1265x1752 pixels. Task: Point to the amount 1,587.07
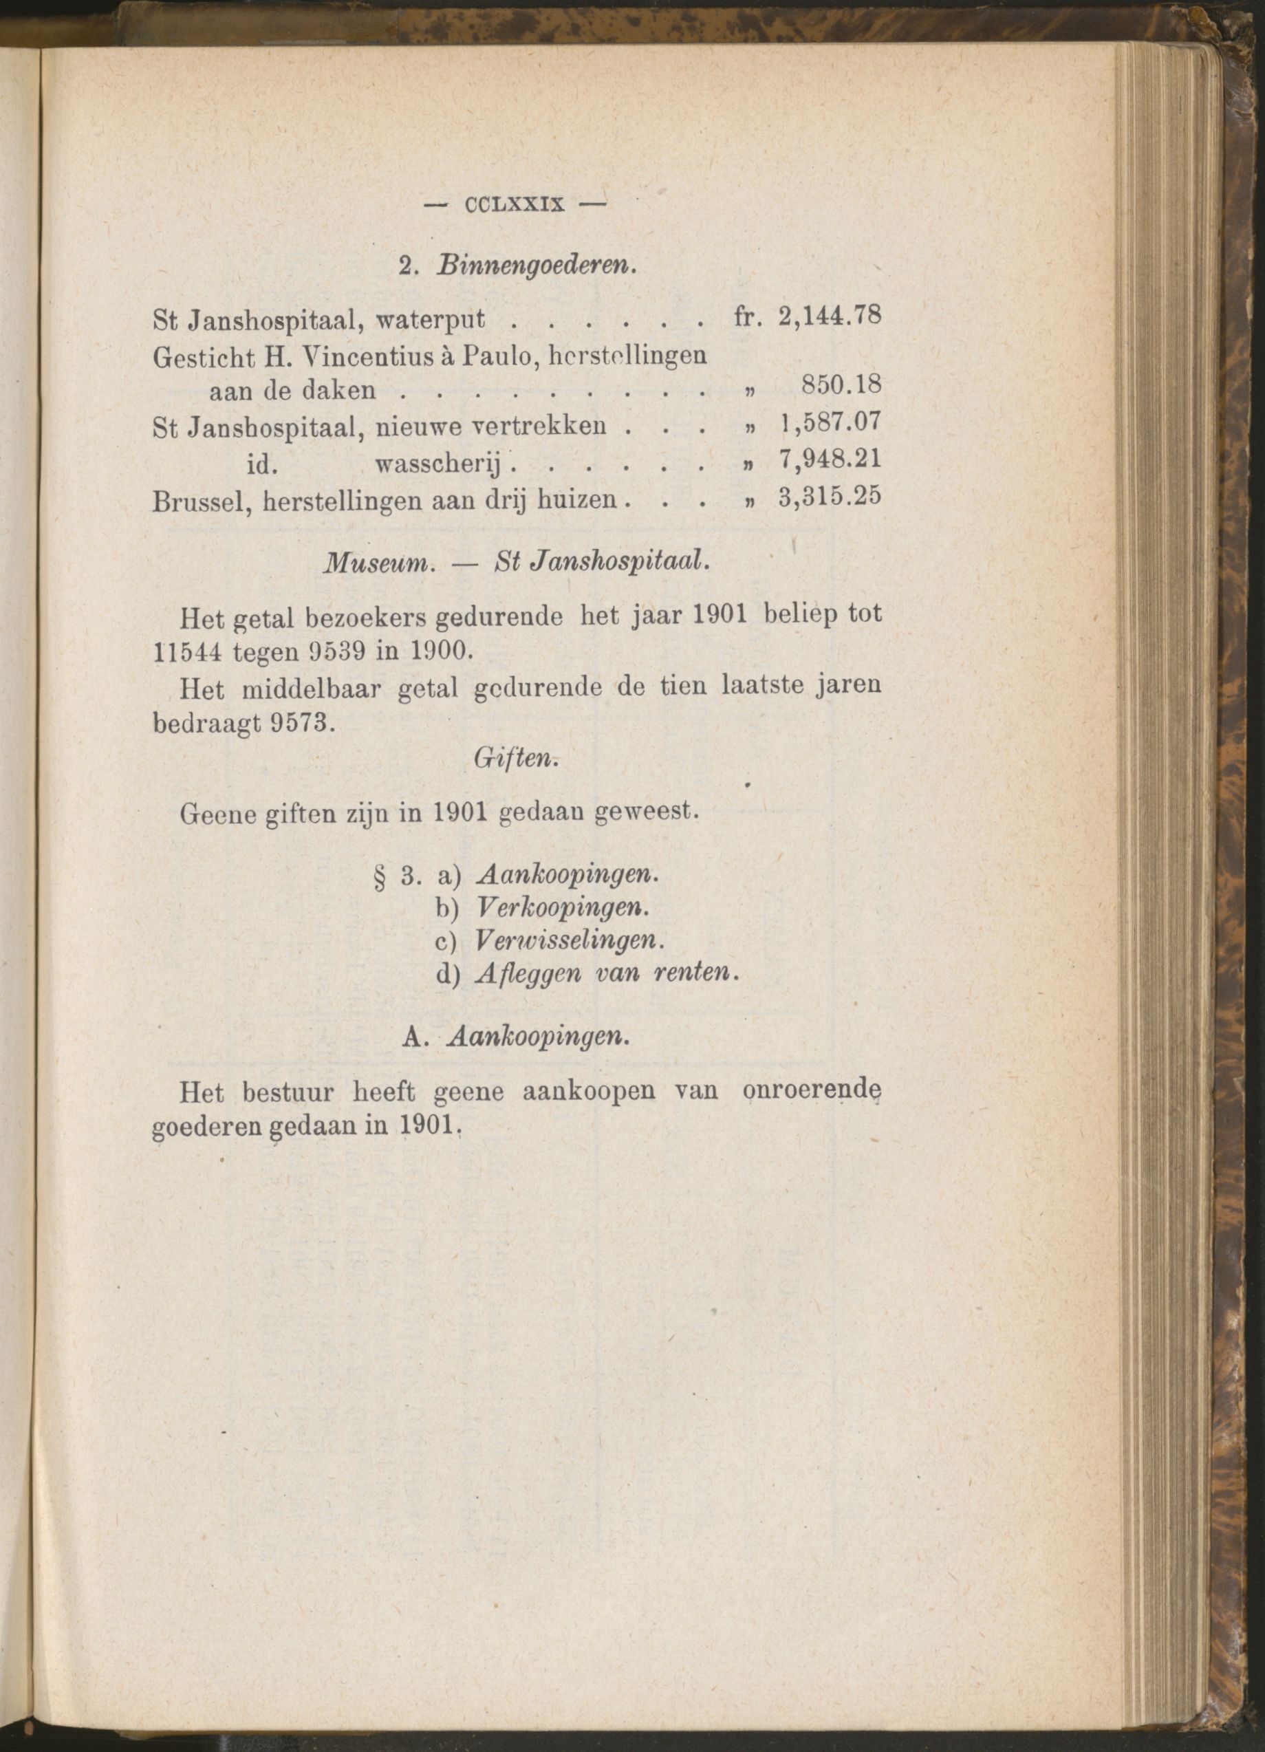830,424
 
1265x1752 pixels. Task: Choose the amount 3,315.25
830,498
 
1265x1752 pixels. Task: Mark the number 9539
307,651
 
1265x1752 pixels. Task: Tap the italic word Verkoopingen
561,907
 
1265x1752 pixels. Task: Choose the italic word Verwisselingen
570,940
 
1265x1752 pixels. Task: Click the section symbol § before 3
379,878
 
